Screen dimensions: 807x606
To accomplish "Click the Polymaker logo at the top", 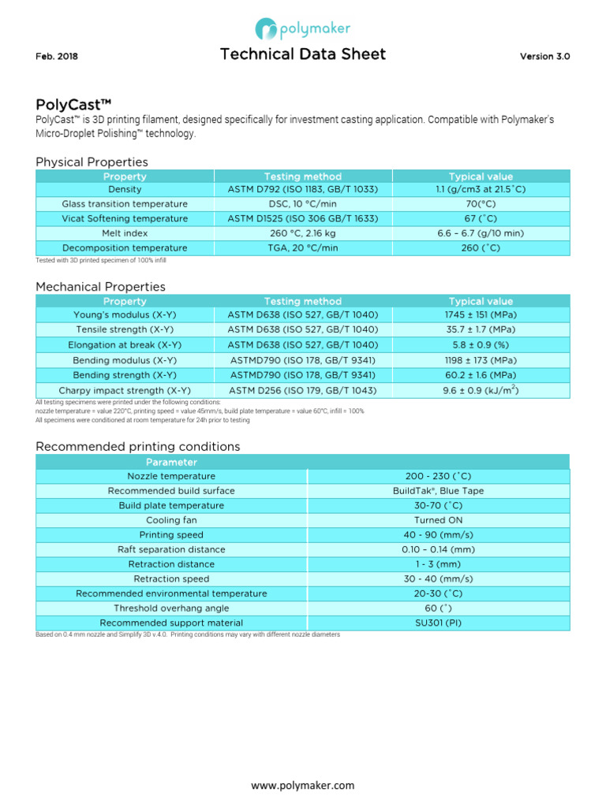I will coord(302,29).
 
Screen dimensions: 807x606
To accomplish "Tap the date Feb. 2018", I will coord(57,57).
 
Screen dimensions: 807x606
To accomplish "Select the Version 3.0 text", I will coord(544,57).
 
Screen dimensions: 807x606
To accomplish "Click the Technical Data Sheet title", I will coord(303,54).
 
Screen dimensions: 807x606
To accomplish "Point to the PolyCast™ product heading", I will coord(73,105).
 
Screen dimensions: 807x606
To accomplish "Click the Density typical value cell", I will coord(480,189).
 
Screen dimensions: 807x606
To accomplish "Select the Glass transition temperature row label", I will coord(125,204).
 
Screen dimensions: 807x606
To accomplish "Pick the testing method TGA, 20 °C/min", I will coord(302,248).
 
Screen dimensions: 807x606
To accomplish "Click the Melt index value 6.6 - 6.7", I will coord(480,233).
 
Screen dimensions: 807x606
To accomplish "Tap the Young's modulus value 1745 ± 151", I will coord(480,314).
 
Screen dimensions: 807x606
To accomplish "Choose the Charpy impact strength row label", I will coord(125,390).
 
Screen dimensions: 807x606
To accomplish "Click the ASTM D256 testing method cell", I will coord(302,390).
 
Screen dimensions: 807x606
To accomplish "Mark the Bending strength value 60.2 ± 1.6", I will coord(480,375).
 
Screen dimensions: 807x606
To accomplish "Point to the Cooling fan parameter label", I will coord(171,521).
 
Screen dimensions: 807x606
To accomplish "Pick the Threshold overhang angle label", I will coord(171,608).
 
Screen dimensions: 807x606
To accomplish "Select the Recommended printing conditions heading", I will coord(138,447).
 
